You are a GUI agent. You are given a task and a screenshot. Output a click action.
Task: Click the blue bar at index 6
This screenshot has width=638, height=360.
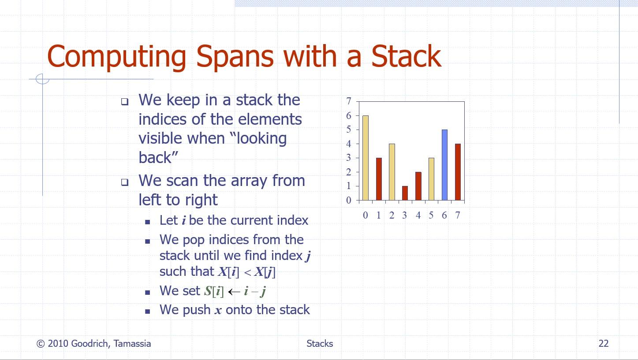coord(444,165)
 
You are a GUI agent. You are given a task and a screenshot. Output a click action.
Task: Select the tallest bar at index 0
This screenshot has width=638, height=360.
coord(366,158)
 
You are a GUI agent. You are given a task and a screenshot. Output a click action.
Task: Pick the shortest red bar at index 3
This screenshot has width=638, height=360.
coord(405,193)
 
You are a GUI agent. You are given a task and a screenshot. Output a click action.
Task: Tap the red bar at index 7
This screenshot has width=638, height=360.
coord(458,172)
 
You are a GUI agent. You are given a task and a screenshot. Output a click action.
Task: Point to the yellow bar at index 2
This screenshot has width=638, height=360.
coord(392,172)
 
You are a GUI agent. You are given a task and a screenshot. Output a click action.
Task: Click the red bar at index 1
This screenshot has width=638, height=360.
coord(379,179)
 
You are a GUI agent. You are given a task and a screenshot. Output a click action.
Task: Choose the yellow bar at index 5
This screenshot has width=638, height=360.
coord(432,179)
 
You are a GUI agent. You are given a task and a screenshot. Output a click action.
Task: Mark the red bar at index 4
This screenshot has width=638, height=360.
coord(418,186)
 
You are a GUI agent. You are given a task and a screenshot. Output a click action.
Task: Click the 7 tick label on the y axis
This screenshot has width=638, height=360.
coord(349,101)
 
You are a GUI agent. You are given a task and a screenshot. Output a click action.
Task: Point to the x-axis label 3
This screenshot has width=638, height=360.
coord(404,215)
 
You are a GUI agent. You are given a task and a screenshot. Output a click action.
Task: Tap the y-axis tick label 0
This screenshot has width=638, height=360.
coord(349,200)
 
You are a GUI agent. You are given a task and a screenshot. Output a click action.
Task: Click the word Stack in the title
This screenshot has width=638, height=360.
coord(406,56)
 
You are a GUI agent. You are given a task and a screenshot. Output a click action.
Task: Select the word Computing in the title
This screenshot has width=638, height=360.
coord(116,58)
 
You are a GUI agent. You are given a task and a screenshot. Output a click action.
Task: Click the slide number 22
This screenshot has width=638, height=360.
coord(604,344)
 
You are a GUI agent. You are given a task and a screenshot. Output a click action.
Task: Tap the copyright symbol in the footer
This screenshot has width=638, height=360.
coord(41,344)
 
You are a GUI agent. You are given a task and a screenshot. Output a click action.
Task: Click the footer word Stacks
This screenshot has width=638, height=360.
coord(320,344)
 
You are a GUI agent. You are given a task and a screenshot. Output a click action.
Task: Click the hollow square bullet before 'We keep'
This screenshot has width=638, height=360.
coord(124,102)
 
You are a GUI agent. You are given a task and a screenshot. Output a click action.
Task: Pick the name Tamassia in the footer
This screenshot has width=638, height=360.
coord(132,344)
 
